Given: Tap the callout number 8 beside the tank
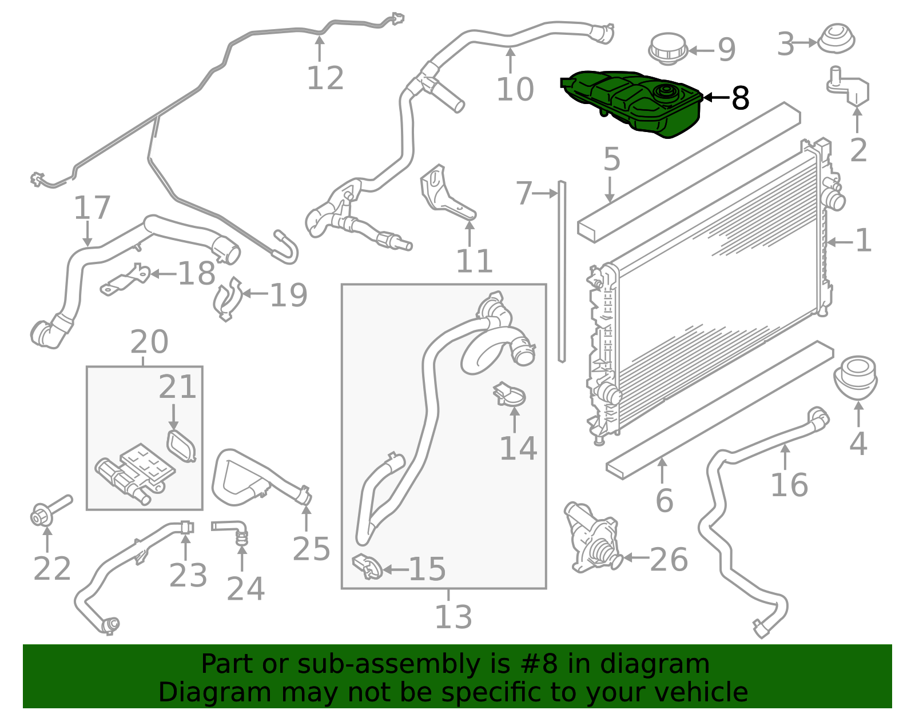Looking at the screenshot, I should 740,98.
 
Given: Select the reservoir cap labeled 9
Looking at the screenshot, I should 667,48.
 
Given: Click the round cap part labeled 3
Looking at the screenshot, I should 836,39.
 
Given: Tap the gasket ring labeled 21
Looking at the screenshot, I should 181,446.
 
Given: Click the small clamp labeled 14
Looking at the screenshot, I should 510,394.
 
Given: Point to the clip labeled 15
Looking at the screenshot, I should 367,566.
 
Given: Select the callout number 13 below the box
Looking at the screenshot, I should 453,617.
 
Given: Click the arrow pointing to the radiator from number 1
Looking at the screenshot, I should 839,242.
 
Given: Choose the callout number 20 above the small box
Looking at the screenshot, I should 149,342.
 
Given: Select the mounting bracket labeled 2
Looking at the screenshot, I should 849,89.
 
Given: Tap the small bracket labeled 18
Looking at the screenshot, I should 126,280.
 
